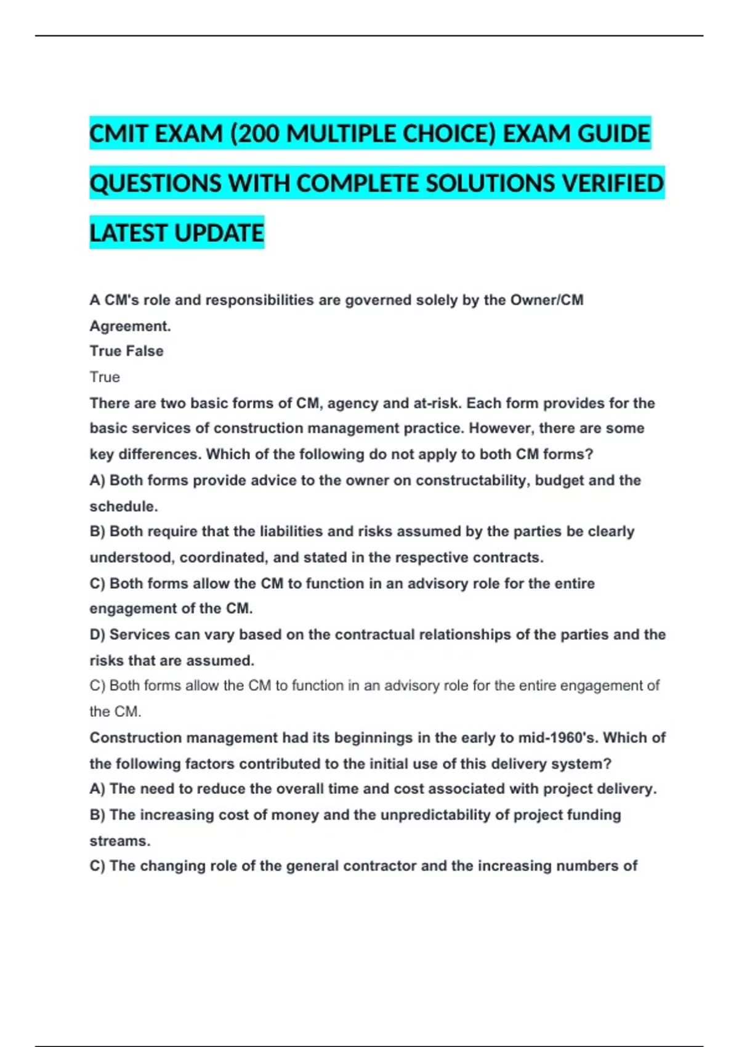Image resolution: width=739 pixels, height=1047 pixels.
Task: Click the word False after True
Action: pyautogui.click(x=145, y=351)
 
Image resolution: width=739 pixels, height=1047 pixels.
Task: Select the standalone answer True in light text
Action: pyautogui.click(x=105, y=377)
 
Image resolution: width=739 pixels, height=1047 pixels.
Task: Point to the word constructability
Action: pyautogui.click(x=471, y=480)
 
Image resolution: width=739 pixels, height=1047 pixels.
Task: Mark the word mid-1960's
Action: pyautogui.click(x=560, y=738)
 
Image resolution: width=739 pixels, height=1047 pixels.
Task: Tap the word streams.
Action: pyautogui.click(x=120, y=841)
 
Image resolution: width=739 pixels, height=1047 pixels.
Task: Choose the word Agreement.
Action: pyautogui.click(x=130, y=326)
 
